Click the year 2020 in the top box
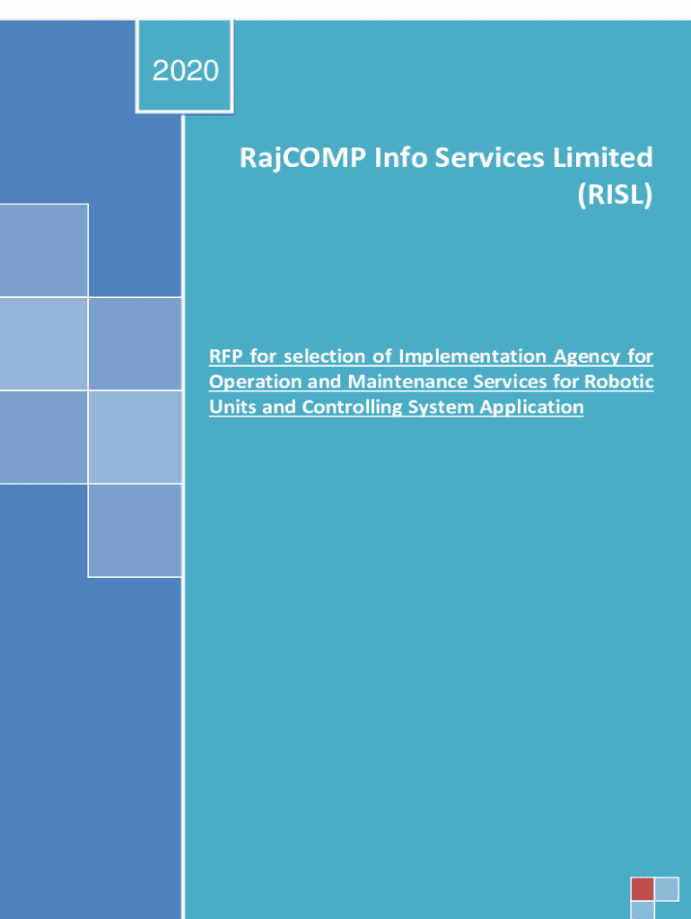[185, 71]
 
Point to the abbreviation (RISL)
[615, 195]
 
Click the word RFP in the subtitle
[225, 355]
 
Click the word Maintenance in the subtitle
[408, 381]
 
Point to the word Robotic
[619, 381]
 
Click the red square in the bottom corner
[643, 888]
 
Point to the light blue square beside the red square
[667, 888]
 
